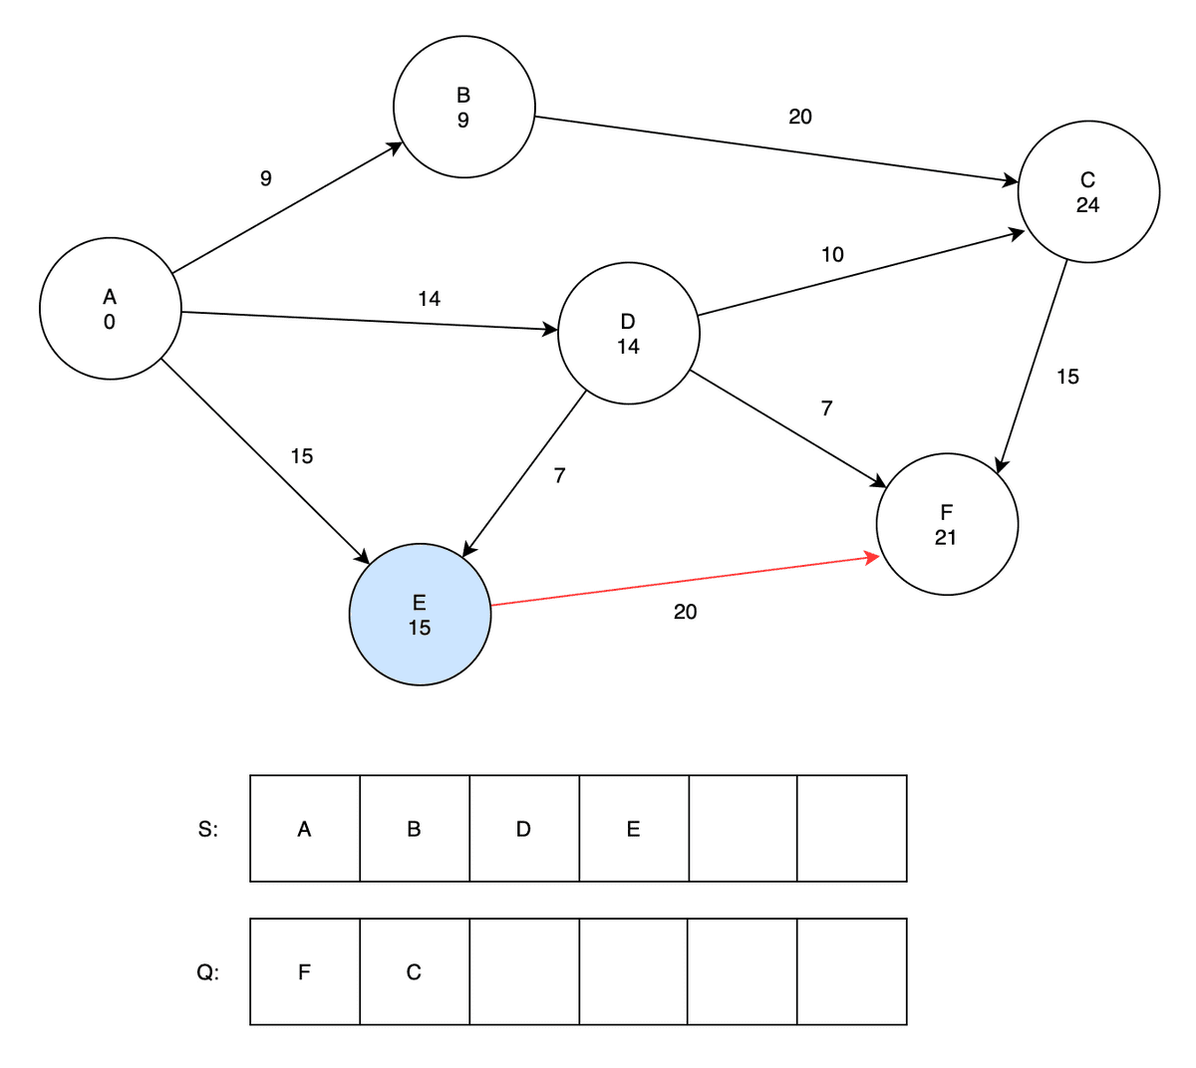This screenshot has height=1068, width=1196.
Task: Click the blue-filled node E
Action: click(420, 615)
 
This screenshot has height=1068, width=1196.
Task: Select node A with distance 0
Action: click(110, 308)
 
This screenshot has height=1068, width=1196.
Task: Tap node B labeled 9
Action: click(463, 108)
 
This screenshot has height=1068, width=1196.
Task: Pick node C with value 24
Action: click(1088, 192)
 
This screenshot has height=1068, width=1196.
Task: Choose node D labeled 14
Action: click(628, 334)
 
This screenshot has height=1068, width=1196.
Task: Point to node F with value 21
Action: click(947, 524)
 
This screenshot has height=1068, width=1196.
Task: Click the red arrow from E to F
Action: click(686, 580)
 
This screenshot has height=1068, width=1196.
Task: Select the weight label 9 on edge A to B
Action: click(265, 178)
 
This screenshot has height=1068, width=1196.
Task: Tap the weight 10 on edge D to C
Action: click(832, 255)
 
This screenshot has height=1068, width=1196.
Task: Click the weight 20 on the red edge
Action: click(686, 612)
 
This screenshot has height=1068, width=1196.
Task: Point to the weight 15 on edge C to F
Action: click(1067, 377)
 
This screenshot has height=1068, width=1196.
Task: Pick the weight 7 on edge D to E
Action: click(559, 476)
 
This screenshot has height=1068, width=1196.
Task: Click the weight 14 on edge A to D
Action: click(430, 299)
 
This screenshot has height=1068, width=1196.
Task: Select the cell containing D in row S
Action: click(523, 829)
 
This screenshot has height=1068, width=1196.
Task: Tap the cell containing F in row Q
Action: click(305, 971)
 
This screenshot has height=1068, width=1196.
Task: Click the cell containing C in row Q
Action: click(414, 971)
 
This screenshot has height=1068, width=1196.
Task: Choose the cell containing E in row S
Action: click(633, 829)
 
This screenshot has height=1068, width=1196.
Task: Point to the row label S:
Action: click(208, 829)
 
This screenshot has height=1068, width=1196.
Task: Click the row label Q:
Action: click(207, 971)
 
